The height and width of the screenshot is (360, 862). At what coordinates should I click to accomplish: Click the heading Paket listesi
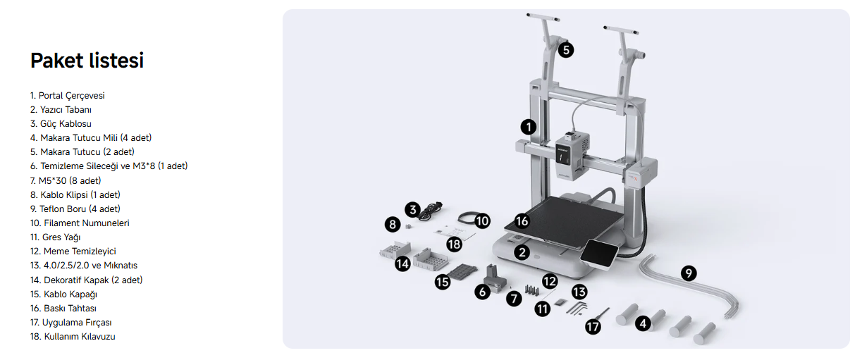pos(87,61)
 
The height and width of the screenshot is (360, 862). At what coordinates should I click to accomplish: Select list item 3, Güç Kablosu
pos(61,124)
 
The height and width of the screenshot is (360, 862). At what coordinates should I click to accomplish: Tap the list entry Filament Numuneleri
pos(80,223)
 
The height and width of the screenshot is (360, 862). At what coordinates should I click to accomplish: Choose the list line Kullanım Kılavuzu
pos(73,337)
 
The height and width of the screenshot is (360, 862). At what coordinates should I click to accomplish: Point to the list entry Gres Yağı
pos(56,237)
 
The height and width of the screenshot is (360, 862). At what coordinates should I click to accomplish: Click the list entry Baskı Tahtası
pos(63,308)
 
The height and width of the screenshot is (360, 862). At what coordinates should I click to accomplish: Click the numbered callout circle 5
pos(566,50)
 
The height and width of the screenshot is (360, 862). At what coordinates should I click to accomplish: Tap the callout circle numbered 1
pos(529,127)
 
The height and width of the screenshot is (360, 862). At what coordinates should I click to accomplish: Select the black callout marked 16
pos(522,221)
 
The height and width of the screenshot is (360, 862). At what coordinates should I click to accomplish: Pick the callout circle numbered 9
pos(689,273)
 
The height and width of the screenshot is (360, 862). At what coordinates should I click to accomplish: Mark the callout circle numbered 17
pos(593,327)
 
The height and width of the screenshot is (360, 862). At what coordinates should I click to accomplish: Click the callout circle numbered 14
pos(402,264)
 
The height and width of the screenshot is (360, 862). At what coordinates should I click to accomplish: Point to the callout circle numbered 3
pos(412,210)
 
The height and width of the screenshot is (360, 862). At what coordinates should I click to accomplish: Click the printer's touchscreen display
pos(598,254)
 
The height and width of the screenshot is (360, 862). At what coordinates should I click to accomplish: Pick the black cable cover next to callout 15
pos(462,271)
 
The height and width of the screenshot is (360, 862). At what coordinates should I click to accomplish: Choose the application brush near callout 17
pos(603,314)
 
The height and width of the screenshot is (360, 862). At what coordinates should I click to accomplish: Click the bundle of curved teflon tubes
pos(693,287)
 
